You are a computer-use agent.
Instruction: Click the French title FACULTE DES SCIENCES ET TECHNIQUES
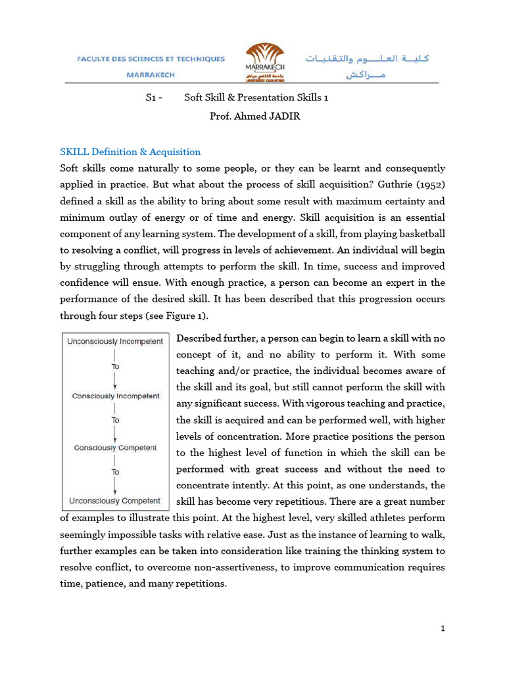(x=151, y=59)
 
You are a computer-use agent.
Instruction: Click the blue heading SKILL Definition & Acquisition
(x=130, y=152)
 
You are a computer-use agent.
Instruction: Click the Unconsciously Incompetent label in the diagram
(x=115, y=342)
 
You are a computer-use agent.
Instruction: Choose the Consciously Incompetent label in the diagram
(x=116, y=396)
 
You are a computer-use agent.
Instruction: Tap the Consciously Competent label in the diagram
(x=116, y=448)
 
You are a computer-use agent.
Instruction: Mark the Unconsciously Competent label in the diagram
(x=115, y=501)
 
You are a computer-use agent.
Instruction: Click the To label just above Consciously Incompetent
(x=116, y=367)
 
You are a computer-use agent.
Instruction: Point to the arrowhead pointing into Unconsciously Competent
(x=116, y=492)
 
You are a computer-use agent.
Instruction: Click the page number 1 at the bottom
(x=443, y=629)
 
